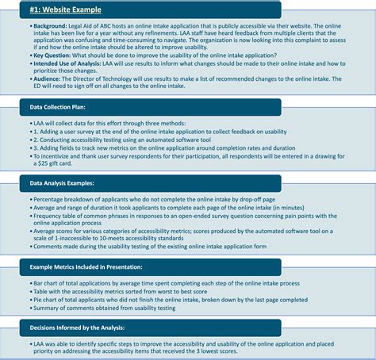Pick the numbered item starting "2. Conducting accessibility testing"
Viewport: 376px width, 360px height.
125,139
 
